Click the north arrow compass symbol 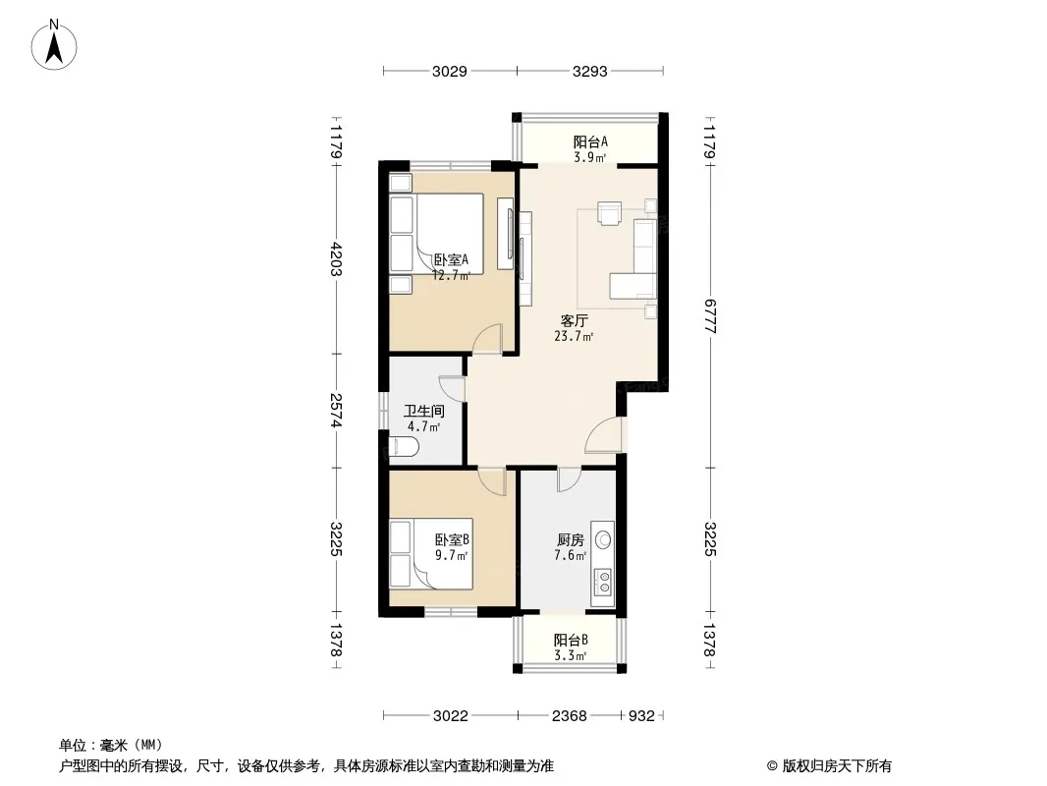(54, 45)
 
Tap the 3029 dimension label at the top (450, 71)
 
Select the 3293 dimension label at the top (589, 71)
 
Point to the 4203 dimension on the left (336, 258)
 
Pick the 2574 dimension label (336, 410)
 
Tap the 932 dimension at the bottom (641, 716)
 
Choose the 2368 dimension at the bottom (569, 716)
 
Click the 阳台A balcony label (590, 141)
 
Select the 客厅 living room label (574, 321)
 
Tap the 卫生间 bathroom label (424, 412)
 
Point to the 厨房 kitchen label (571, 539)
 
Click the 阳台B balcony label (571, 640)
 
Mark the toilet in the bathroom (404, 446)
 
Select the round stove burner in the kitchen (604, 539)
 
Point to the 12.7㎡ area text (451, 274)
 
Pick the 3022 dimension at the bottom (450, 716)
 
